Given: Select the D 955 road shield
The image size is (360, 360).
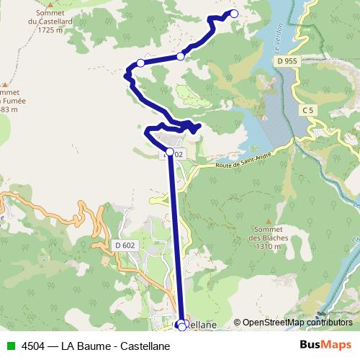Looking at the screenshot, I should tap(287, 62).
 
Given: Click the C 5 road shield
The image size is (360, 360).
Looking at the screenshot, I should tap(308, 109).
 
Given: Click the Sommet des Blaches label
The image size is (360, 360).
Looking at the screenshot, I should tap(269, 237).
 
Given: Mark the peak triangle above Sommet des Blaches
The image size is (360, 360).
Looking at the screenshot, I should tap(268, 222).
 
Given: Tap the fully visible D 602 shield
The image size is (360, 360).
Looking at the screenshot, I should tap(125, 246).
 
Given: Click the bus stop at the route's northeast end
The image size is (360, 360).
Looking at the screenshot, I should tap(233, 13).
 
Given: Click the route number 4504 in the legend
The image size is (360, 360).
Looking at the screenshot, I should tap(30, 346).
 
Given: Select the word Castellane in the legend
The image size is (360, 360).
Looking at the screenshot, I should tap(145, 346).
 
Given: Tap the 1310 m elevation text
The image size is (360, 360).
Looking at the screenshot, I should tap(269, 245).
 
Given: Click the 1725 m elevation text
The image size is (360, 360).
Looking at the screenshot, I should tap(49, 30).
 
